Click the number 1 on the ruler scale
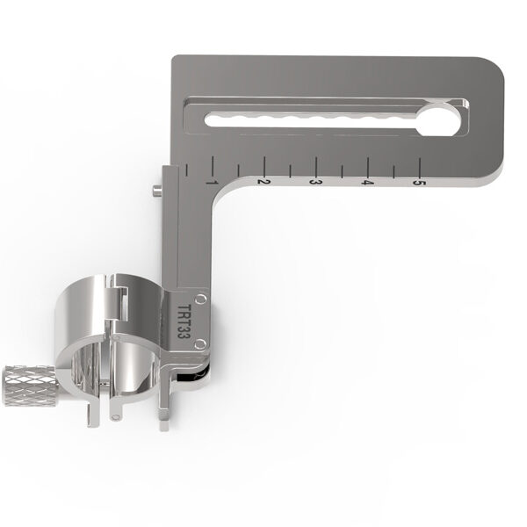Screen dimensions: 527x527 211,181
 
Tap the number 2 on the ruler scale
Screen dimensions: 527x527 263,181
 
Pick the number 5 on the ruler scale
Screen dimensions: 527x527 420,183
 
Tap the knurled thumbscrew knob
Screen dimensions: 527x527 26,381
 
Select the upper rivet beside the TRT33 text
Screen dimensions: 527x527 202,300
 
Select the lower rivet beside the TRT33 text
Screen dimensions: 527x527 201,343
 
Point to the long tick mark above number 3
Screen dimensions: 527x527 315,165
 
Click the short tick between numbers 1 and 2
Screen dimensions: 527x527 237,167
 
